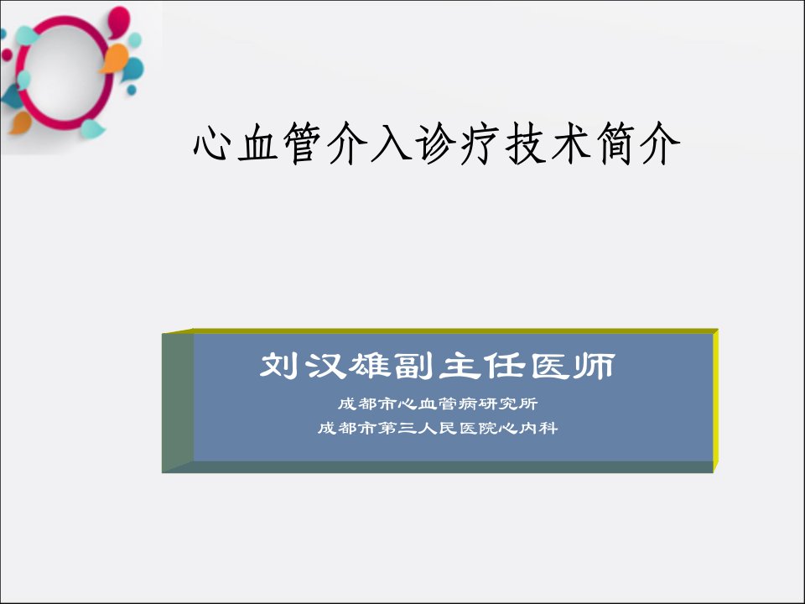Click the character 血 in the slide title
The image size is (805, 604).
point(257,143)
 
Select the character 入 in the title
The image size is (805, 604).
point(392,143)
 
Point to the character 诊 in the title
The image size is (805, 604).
point(437,143)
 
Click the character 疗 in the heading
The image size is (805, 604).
point(481,143)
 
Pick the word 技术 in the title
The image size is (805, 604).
point(548,143)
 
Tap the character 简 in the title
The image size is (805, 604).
point(615,143)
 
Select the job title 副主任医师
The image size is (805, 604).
point(505,366)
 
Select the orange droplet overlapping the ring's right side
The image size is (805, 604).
point(116,58)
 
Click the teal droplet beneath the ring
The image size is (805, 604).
point(92,129)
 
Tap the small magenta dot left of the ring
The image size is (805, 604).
point(7,55)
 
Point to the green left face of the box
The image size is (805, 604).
point(178,401)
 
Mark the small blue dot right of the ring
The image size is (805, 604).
point(132,90)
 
